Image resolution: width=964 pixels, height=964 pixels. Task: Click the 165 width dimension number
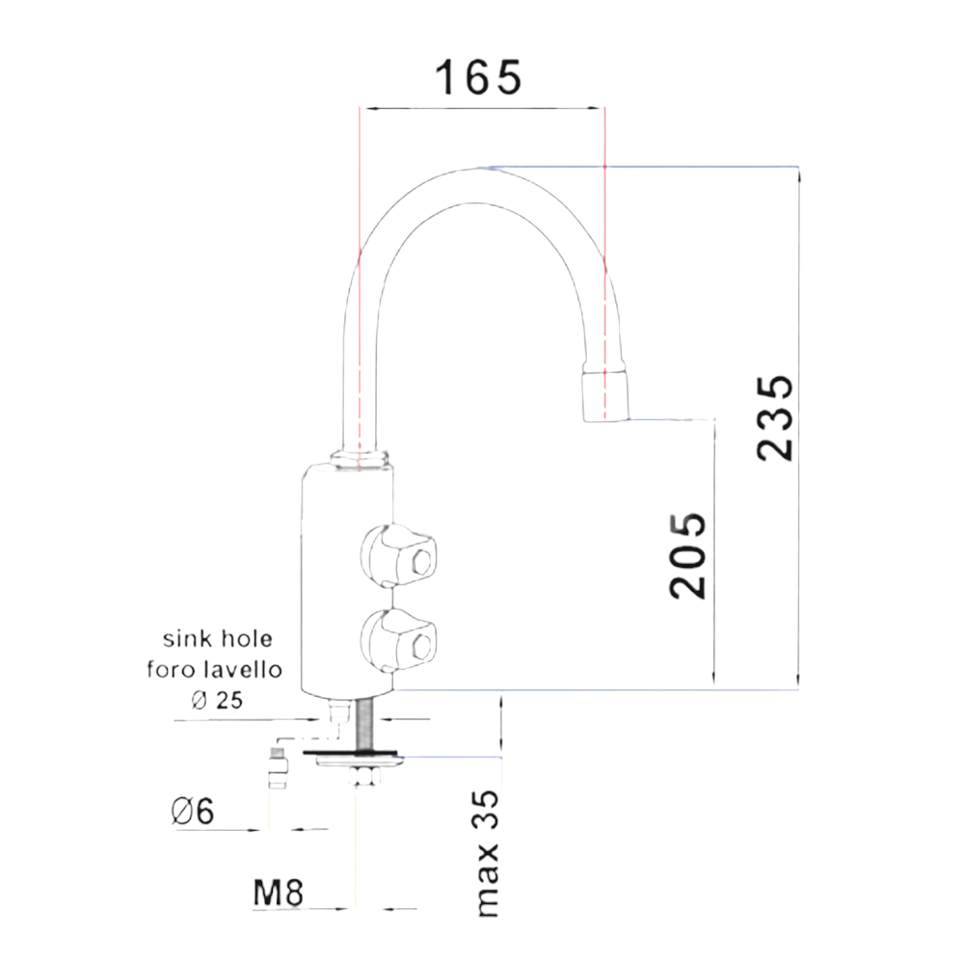coord(478,77)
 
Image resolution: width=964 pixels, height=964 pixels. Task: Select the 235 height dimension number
coord(775,417)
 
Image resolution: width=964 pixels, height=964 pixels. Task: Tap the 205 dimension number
coord(687,555)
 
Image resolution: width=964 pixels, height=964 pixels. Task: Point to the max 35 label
coord(488,853)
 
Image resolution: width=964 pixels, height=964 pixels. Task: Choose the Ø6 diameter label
coord(193,811)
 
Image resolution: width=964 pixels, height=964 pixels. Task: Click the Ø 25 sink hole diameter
coord(217,700)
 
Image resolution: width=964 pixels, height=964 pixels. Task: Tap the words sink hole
coord(217,639)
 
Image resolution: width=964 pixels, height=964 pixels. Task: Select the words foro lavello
coord(214,669)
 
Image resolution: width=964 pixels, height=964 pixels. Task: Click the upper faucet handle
coord(398,555)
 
